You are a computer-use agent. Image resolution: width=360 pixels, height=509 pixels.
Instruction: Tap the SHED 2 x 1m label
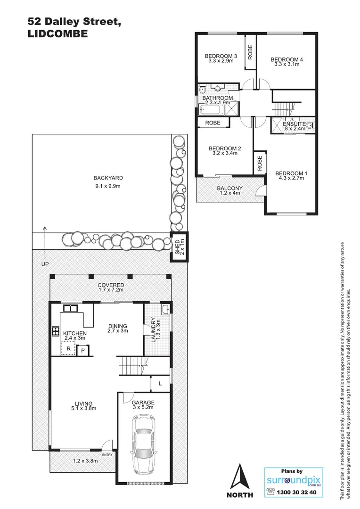[x=180, y=246]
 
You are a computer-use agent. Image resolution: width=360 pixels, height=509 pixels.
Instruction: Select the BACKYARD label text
[x=108, y=178]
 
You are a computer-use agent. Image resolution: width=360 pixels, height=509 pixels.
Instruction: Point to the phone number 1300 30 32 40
[x=299, y=491]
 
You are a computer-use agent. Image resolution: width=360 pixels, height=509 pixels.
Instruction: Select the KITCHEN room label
[x=75, y=334]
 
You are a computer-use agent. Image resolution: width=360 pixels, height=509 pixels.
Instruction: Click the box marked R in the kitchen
[x=68, y=349]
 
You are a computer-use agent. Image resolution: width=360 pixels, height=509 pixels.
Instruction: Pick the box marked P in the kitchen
[x=83, y=351]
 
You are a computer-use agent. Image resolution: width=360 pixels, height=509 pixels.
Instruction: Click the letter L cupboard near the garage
[x=160, y=384]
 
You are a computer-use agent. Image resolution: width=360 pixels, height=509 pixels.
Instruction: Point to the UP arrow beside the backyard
[x=45, y=243]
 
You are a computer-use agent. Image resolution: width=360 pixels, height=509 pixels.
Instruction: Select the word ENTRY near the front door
[x=107, y=454]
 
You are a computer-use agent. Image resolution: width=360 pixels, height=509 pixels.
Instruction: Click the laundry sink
[x=165, y=310]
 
